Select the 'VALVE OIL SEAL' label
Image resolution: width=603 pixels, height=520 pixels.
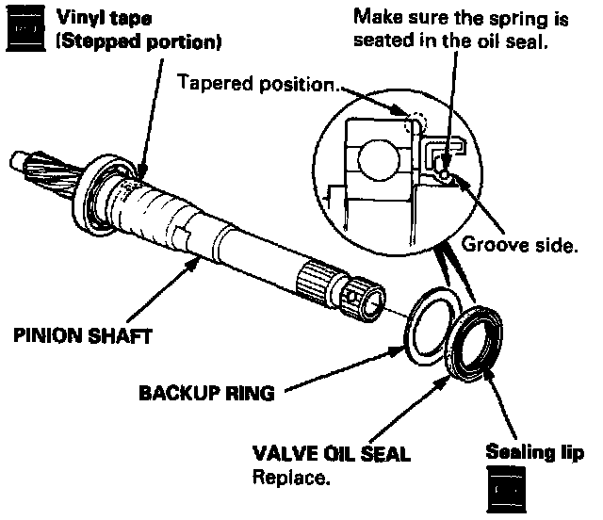[331, 454]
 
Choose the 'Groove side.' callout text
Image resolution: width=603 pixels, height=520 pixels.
[518, 247]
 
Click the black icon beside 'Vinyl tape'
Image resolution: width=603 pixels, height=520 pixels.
[25, 30]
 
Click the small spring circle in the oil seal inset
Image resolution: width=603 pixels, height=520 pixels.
[442, 171]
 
